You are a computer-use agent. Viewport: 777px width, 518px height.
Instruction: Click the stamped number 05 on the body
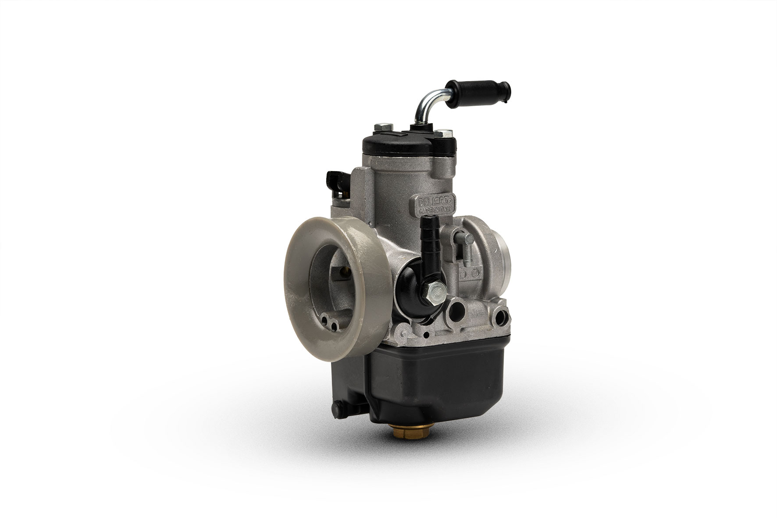pos(474,273)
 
